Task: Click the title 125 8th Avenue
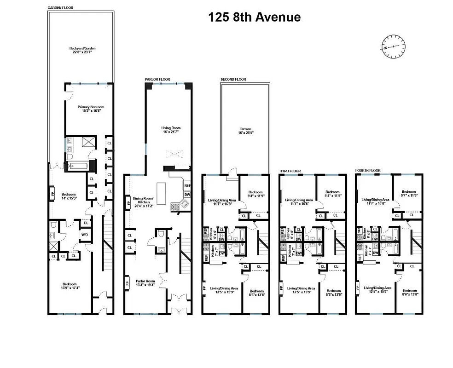coord(254,17)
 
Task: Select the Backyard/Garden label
coord(82,50)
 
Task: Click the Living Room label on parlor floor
coord(170,130)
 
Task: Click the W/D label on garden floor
coord(85,235)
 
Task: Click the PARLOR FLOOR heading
coord(157,79)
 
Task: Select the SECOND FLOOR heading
coord(233,79)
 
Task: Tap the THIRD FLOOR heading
coord(290,171)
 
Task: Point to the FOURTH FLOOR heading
coord(368,170)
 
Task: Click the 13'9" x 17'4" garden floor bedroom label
coord(70,286)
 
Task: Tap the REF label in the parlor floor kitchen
coord(187,186)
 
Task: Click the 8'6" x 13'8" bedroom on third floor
coord(333,293)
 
